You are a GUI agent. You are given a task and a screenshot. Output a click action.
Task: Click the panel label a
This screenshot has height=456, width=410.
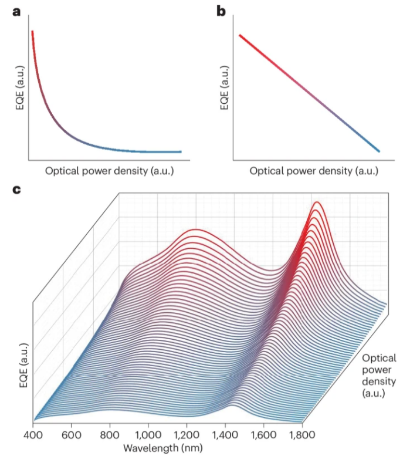(16, 11)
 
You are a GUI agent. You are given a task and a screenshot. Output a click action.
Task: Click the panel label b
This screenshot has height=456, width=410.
(221, 11)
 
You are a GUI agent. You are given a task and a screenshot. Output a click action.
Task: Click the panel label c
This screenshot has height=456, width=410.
(16, 191)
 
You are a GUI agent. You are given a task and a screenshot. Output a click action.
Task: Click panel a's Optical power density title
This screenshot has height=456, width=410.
(109, 171)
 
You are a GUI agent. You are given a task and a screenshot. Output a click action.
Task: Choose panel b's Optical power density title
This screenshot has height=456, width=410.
(314, 171)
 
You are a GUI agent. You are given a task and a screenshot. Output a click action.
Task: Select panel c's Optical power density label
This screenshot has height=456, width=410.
(378, 375)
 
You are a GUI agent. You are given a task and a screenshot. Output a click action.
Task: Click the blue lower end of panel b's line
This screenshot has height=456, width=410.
(378, 151)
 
